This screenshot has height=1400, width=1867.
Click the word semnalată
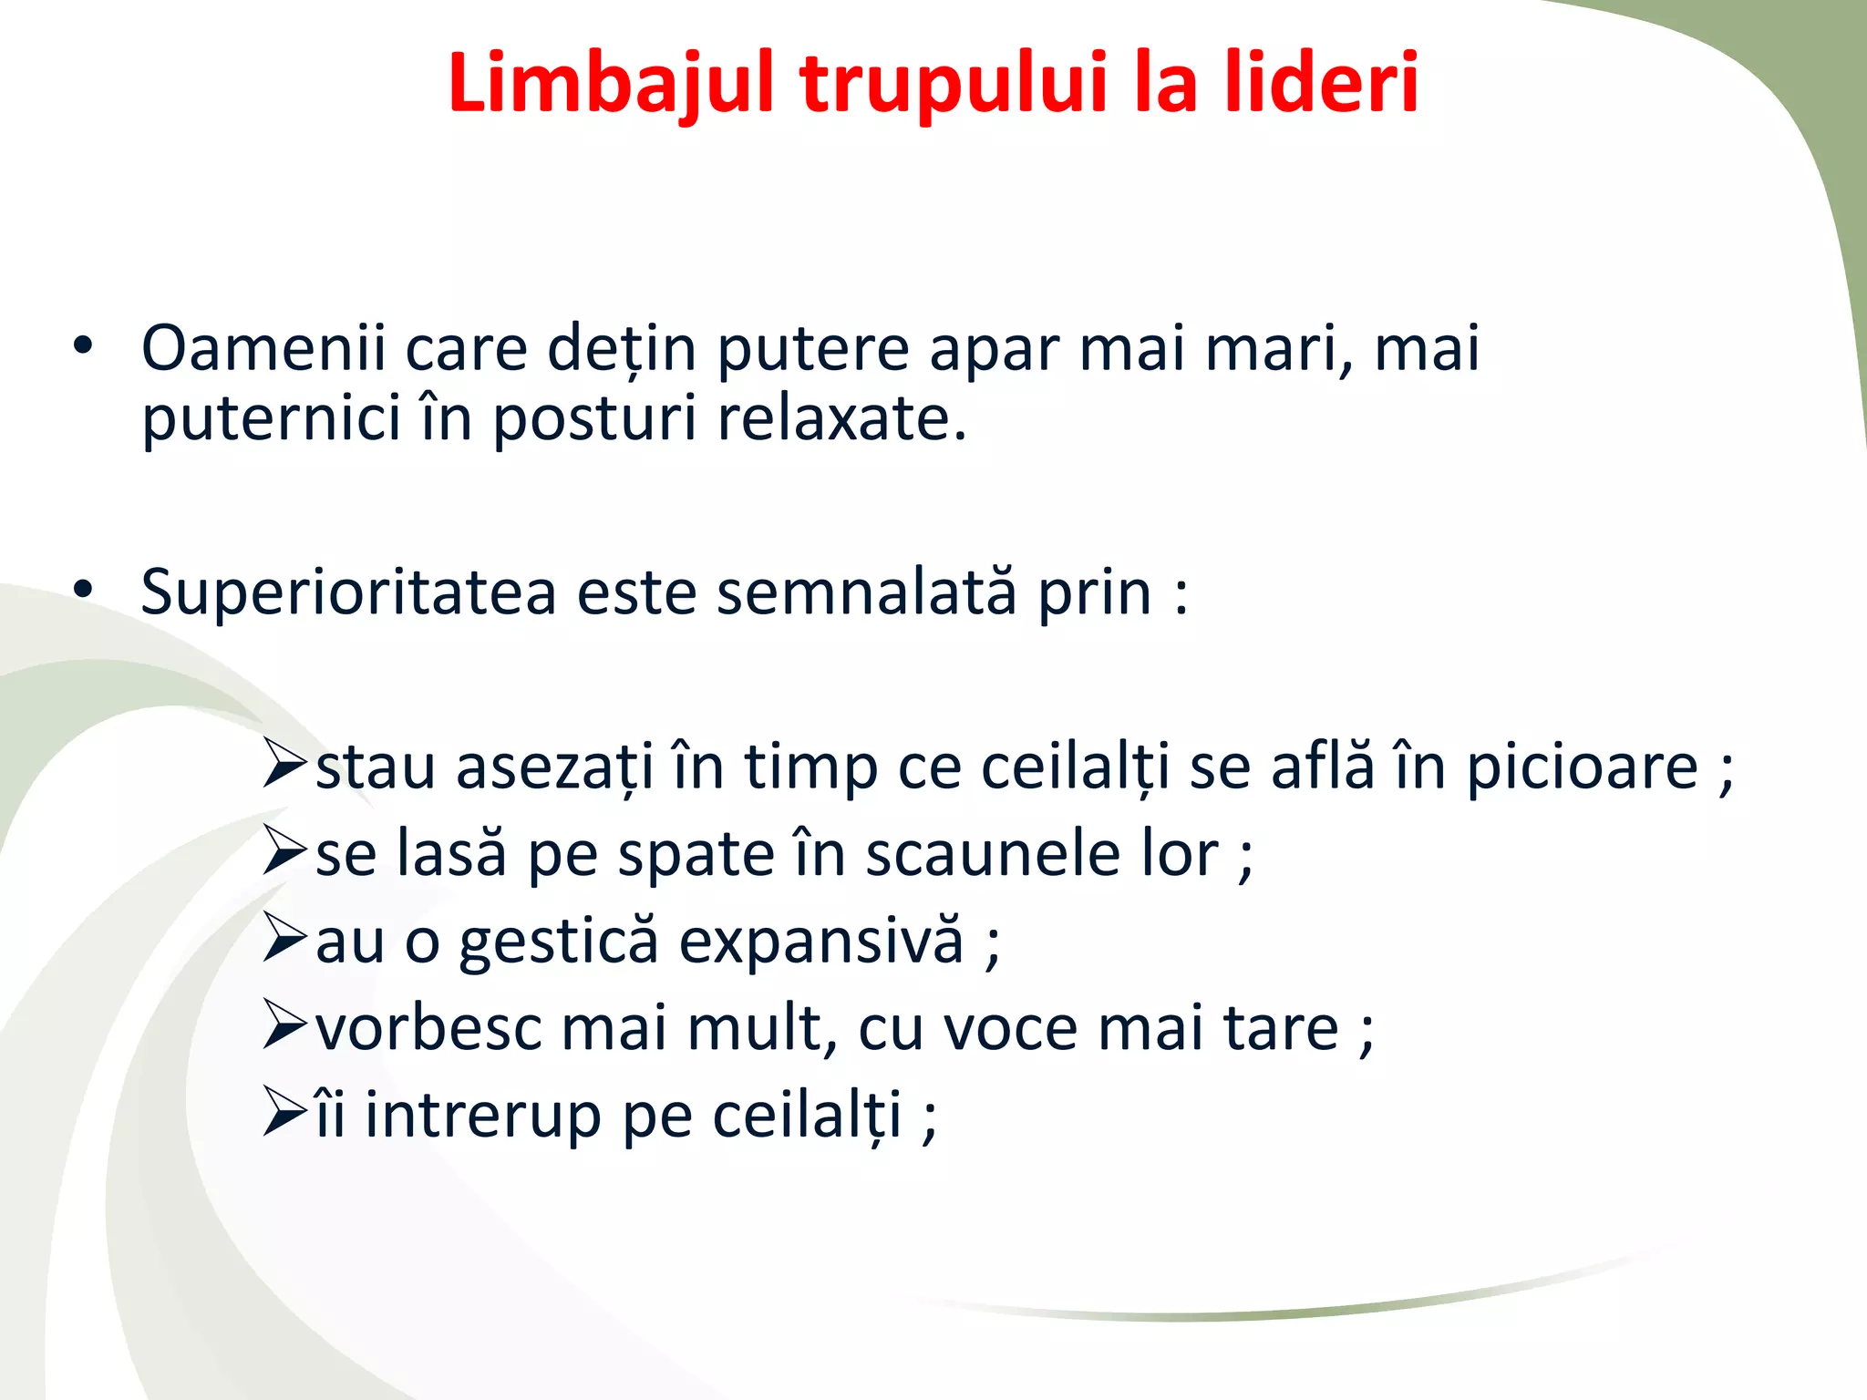coord(866,592)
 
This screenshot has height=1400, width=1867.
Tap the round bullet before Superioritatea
coord(83,591)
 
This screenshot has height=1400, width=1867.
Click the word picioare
coord(1582,767)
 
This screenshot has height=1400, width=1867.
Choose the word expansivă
coord(821,942)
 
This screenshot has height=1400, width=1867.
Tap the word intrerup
coord(482,1116)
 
